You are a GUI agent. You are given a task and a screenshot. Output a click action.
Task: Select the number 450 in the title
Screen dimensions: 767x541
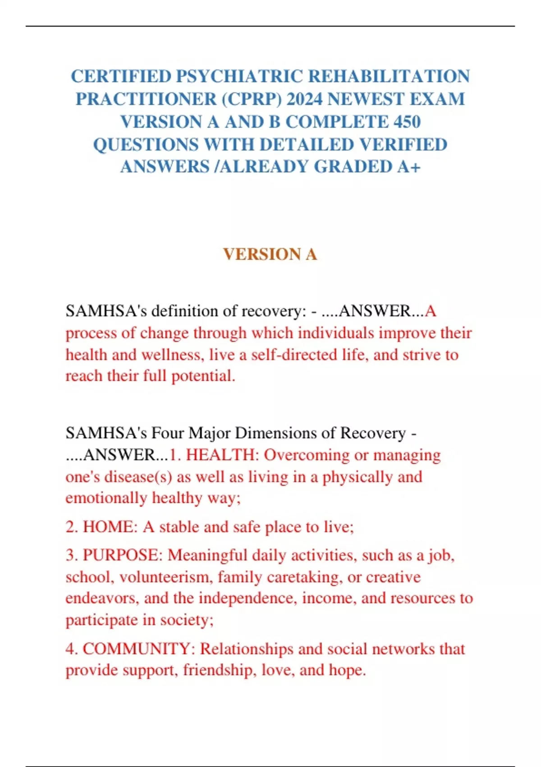(x=407, y=122)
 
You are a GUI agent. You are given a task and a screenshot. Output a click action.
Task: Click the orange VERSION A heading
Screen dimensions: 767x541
(x=270, y=254)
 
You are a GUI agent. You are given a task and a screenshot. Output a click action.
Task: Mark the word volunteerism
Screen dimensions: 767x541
(x=168, y=577)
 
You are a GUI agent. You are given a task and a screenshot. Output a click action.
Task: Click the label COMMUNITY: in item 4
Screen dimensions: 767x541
(x=139, y=649)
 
